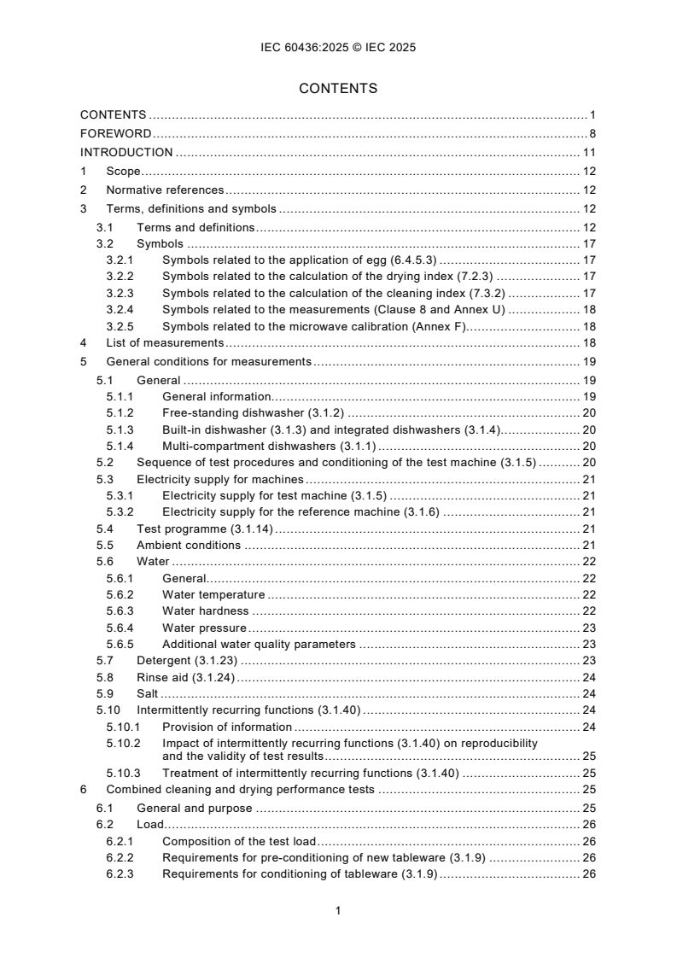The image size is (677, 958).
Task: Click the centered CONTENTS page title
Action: click(x=338, y=88)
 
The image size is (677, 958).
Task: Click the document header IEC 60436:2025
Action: click(x=338, y=48)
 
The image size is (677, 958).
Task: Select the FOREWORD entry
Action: click(x=116, y=133)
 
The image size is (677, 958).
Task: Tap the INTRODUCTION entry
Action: click(x=126, y=153)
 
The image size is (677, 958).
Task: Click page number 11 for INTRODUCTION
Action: click(x=589, y=153)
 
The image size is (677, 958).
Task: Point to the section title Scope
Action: click(x=123, y=172)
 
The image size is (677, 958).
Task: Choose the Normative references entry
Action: click(x=165, y=190)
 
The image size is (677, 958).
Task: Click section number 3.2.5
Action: click(x=120, y=326)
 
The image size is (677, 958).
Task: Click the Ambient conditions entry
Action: click(x=189, y=545)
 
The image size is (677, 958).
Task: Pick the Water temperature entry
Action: click(x=213, y=594)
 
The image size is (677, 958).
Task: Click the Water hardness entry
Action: click(x=206, y=610)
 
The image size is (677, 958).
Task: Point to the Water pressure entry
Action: click(x=205, y=628)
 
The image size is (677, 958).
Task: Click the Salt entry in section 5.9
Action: click(x=147, y=693)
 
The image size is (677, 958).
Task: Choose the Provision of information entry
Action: click(x=227, y=727)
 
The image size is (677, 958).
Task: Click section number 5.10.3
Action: click(x=124, y=773)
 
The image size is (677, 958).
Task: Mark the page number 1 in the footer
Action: click(x=339, y=910)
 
